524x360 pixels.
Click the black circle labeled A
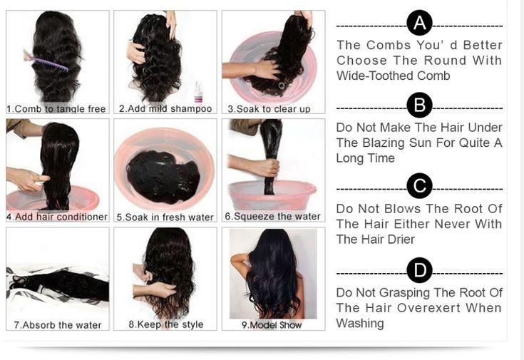[419, 24]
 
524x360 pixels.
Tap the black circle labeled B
[419, 106]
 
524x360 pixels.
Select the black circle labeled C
[419, 187]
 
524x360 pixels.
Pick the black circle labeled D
[419, 270]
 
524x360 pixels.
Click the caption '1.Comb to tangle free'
[56, 109]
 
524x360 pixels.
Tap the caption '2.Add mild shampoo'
[165, 109]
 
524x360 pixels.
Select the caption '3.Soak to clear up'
[269, 109]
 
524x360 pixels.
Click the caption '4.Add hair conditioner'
[57, 217]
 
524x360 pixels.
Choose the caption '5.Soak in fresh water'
[165, 217]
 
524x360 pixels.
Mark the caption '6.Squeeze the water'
[272, 216]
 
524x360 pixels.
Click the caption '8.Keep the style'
[165, 324]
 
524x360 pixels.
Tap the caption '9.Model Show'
[271, 325]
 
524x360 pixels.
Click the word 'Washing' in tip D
[360, 324]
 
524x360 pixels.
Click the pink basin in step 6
[272, 195]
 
